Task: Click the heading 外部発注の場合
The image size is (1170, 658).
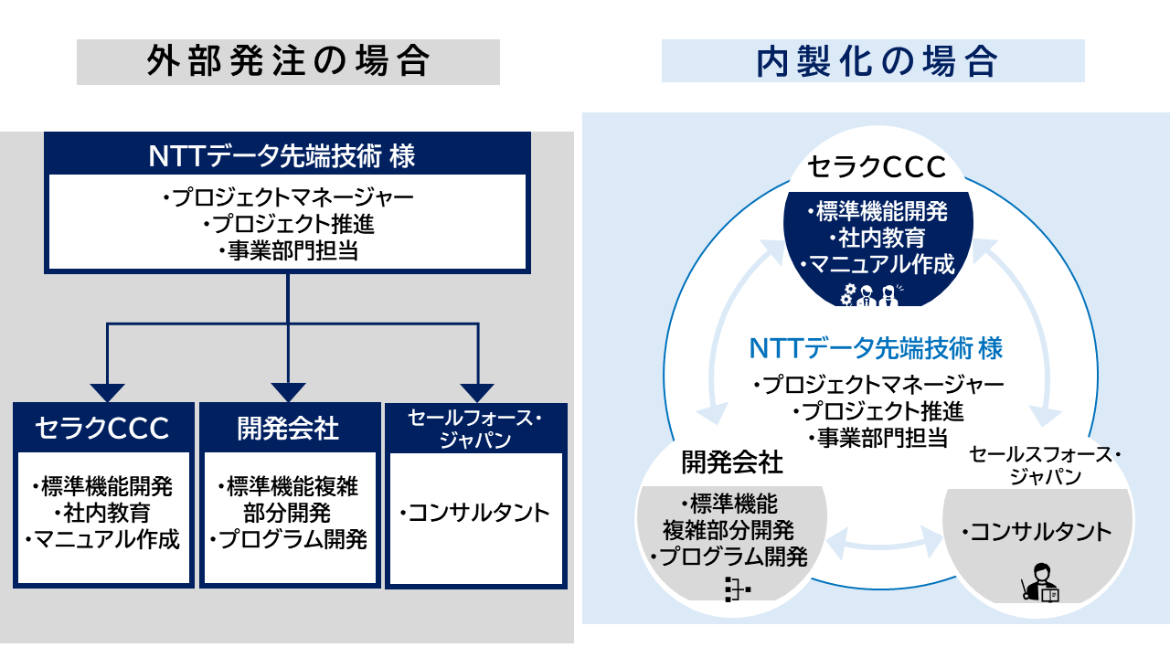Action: coord(288,61)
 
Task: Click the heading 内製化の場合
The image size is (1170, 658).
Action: coord(877,61)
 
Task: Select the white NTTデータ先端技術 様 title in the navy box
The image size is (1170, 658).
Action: coord(282,155)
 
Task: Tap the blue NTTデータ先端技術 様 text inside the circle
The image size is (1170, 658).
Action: coord(876,348)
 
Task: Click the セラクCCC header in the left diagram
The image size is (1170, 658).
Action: coord(102,429)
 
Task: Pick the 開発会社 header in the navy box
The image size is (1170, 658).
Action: coord(288,429)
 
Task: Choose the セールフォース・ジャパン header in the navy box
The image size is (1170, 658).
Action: coord(474,429)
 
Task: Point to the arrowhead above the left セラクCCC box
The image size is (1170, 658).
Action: coord(107,393)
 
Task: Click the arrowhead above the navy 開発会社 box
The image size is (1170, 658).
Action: coord(288,393)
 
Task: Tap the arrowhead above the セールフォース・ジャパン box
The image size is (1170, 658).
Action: coord(477,393)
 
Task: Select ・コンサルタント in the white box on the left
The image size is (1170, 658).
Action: coord(474,513)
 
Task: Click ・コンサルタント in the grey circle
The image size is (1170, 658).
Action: coord(1037,532)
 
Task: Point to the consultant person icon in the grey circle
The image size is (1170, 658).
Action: coord(1040,583)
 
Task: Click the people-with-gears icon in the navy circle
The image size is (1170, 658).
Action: coord(869,295)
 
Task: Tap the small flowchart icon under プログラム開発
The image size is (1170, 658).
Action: coord(738,589)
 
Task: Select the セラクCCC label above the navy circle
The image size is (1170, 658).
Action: coord(877,167)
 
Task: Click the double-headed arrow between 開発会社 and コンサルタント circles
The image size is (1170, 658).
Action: coord(884,543)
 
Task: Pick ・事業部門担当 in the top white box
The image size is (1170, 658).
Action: coord(288,251)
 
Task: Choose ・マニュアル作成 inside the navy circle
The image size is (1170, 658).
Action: coord(877,264)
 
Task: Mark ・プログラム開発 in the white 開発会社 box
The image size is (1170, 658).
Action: coord(288,539)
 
